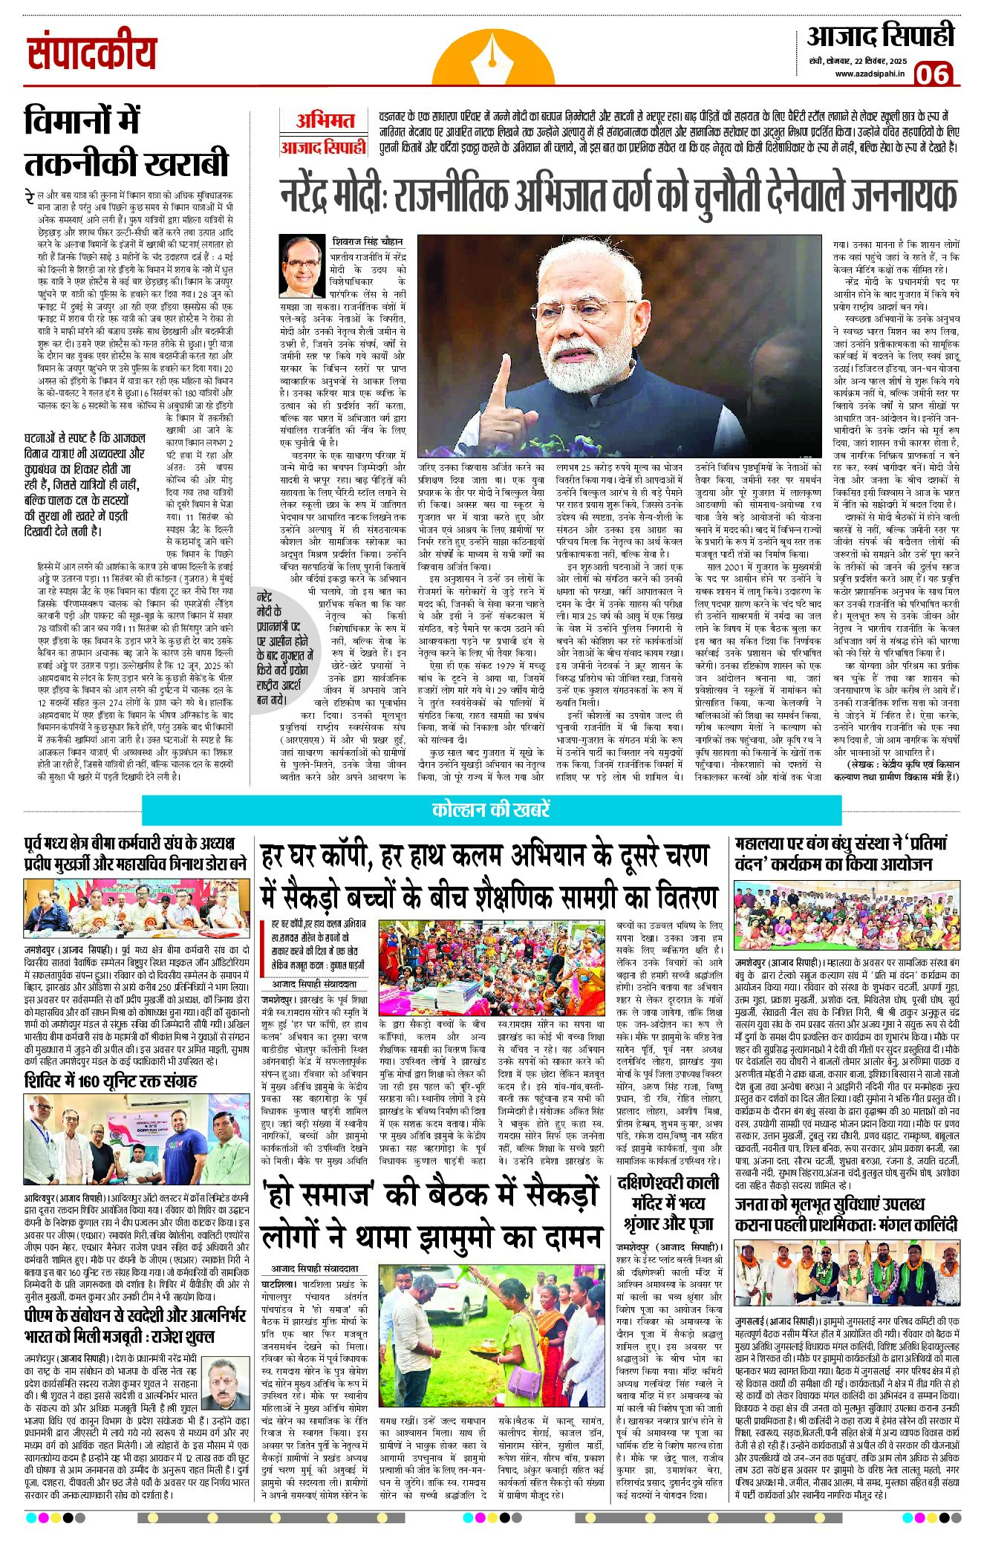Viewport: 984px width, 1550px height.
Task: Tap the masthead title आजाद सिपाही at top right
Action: pos(881,36)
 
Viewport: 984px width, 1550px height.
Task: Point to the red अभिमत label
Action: pos(325,120)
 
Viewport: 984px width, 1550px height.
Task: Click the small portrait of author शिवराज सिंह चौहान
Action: pos(302,267)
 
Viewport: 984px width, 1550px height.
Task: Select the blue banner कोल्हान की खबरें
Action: pos(491,810)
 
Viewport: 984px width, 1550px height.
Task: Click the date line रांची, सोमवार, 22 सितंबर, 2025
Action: pos(858,59)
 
